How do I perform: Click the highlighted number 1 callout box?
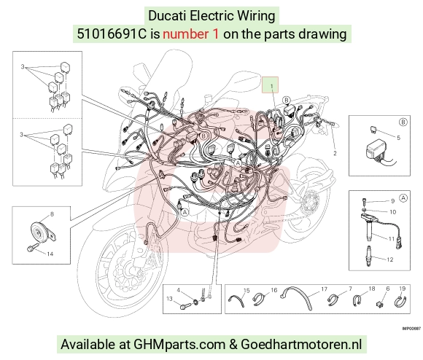coord(270,85)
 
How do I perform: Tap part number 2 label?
coord(335,153)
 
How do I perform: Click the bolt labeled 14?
coord(32,248)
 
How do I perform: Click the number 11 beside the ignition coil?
coord(392,239)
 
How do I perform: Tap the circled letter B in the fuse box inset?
coord(403,122)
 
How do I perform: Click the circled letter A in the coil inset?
coord(403,198)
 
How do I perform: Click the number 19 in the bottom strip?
coord(403,289)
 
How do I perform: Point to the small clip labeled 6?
coord(379,304)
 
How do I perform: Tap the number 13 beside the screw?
coord(169,299)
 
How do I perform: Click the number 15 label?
coord(247,291)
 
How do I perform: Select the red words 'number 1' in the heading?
coord(190,34)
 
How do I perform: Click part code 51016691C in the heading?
coord(112,34)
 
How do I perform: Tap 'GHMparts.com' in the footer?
coord(179,345)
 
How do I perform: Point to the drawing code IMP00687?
coord(411,329)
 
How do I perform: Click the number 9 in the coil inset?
coord(392,200)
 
